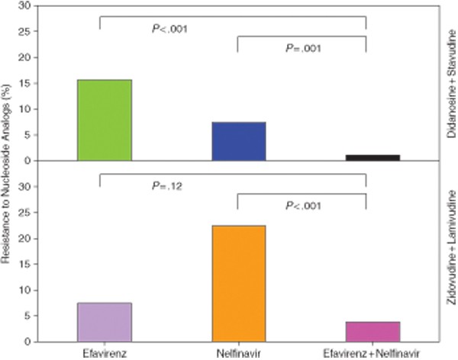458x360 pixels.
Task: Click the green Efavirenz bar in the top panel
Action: click(105, 120)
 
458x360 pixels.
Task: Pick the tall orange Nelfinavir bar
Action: click(238, 283)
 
